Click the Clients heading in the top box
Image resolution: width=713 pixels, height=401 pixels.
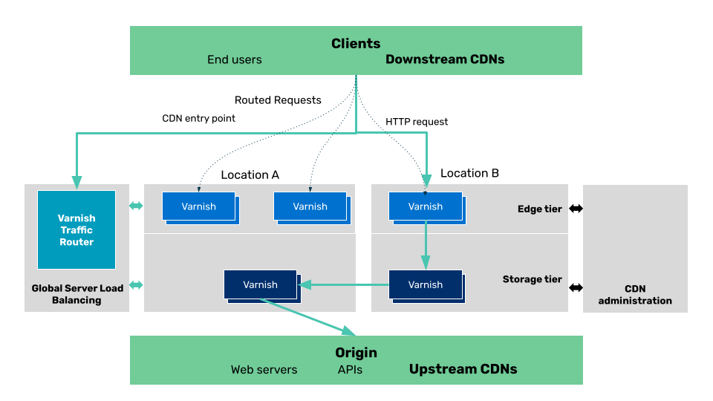click(x=356, y=44)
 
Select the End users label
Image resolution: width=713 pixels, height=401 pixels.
click(x=234, y=59)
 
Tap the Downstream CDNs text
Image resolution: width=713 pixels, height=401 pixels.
click(x=444, y=59)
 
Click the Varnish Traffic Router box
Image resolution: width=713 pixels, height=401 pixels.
click(x=76, y=230)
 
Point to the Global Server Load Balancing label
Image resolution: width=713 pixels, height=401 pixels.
click(x=76, y=294)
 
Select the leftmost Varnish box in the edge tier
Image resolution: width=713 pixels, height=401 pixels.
click(x=198, y=206)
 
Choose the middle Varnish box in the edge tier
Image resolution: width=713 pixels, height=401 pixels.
click(x=310, y=206)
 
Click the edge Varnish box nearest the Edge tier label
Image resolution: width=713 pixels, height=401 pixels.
click(x=425, y=206)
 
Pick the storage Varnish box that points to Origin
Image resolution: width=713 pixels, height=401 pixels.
click(x=260, y=284)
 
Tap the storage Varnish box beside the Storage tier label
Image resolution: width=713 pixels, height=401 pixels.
click(x=425, y=284)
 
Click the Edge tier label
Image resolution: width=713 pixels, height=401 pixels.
click(x=539, y=209)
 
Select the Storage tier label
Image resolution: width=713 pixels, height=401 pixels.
click(x=532, y=280)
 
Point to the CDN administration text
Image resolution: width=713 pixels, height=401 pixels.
click(x=635, y=295)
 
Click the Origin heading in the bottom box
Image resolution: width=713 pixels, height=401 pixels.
click(x=356, y=353)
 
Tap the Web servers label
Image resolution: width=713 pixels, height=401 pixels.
click(x=264, y=369)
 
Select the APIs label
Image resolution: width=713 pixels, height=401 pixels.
click(x=350, y=369)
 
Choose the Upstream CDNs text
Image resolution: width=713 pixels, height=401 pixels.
click(x=463, y=369)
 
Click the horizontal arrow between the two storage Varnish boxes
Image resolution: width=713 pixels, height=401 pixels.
click(x=343, y=284)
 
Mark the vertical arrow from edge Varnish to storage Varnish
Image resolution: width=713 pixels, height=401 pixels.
click(x=426, y=245)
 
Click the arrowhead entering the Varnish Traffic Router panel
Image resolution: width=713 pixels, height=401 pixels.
click(x=76, y=181)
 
